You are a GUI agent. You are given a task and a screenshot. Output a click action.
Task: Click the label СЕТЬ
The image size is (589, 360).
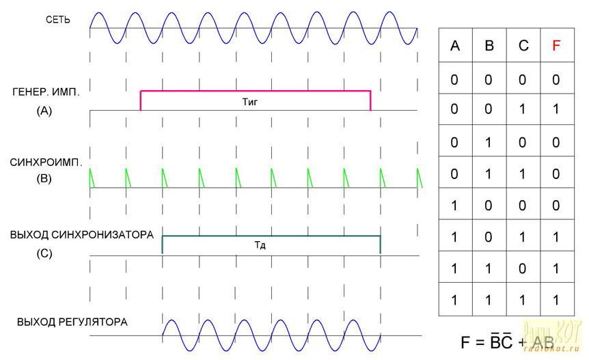point(57,20)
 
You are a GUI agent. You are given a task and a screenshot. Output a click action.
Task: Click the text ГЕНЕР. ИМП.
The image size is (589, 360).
point(46,92)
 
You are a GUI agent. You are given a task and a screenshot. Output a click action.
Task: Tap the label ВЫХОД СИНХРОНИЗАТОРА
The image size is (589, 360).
point(81,235)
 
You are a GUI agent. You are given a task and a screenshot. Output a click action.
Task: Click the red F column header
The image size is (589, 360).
point(556,46)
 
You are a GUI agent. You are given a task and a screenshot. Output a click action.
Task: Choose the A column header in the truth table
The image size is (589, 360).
point(455,46)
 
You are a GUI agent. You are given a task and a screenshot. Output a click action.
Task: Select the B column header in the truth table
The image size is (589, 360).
point(489,46)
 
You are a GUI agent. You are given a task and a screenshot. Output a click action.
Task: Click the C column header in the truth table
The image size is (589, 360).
point(523,46)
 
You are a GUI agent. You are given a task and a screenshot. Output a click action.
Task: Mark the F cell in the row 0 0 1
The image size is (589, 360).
point(556,110)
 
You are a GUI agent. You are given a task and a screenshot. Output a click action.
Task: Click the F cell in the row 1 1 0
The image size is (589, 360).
point(556,268)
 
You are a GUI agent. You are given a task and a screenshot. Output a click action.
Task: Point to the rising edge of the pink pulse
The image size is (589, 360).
point(141,100)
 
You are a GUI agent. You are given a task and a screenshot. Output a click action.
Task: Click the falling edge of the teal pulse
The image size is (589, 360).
point(380,245)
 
